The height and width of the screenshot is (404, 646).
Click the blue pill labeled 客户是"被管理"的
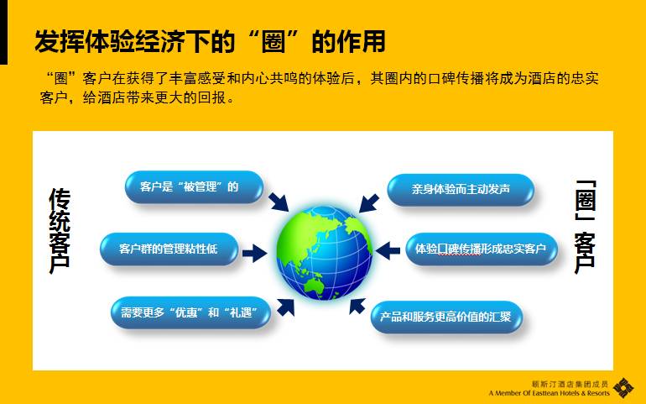[194, 187]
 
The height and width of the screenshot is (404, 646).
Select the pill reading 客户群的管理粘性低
[169, 249]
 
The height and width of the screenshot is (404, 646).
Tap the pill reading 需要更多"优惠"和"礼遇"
[190, 312]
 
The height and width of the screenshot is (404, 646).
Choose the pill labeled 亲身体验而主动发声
[461, 190]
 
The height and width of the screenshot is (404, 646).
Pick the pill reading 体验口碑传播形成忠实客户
[482, 249]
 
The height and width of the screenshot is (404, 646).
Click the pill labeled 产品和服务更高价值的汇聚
[446, 317]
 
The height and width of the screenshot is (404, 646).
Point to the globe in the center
[324, 253]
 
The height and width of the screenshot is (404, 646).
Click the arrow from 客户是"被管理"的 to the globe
[279, 202]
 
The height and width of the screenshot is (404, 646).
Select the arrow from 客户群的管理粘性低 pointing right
[254, 253]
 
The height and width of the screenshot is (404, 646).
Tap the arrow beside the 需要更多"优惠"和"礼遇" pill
[285, 307]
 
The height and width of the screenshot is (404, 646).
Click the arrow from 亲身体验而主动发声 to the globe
[369, 203]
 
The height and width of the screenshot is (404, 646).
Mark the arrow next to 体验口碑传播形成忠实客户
[388, 250]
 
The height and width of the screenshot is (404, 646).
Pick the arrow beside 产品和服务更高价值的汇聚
[357, 307]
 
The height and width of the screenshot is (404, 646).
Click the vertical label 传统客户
[60, 231]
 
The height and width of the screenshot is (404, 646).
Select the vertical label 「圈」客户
[585, 227]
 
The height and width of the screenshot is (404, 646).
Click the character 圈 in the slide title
[274, 42]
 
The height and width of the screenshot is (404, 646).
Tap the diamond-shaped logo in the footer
[623, 388]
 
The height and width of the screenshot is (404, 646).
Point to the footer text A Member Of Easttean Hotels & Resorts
[550, 393]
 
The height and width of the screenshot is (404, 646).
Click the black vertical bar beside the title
[3, 32]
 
